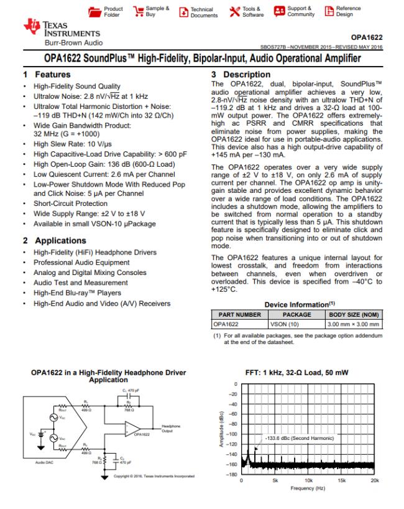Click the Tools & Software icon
tap(232, 12)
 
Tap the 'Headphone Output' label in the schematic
tap(172, 428)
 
